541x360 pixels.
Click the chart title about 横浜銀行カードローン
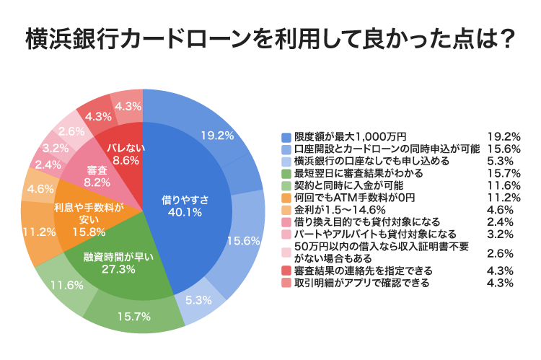click(270, 39)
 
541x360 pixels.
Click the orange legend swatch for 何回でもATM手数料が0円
click(286, 198)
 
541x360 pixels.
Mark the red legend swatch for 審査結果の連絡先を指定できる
click(286, 271)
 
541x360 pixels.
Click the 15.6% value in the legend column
click(503, 149)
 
